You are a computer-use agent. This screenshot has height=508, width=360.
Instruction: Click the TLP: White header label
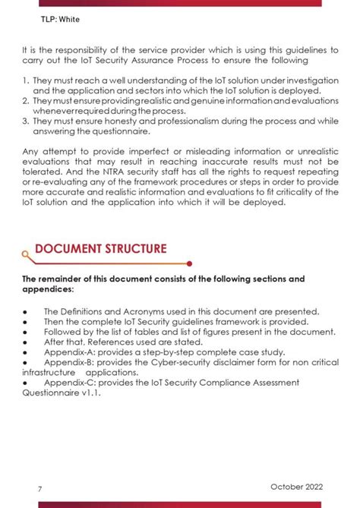coord(41,17)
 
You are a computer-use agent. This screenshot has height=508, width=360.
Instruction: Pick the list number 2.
coord(25,100)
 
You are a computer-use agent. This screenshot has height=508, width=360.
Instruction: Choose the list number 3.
coord(25,120)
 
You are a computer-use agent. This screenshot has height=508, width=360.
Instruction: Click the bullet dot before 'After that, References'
coord(25,342)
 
